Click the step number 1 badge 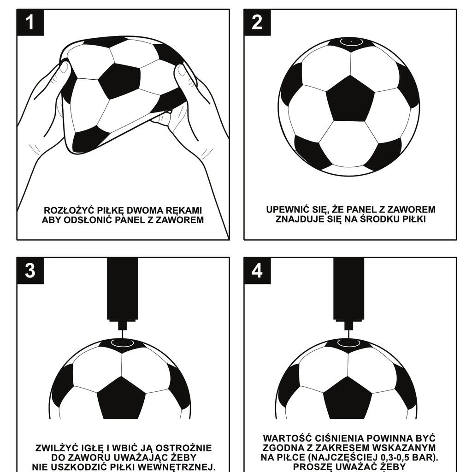click(x=30, y=23)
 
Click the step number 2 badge click(x=257, y=23)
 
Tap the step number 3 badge click(x=30, y=271)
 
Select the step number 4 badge click(x=257, y=271)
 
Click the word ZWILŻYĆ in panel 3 click(x=56, y=448)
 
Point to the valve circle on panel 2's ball click(x=351, y=41)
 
